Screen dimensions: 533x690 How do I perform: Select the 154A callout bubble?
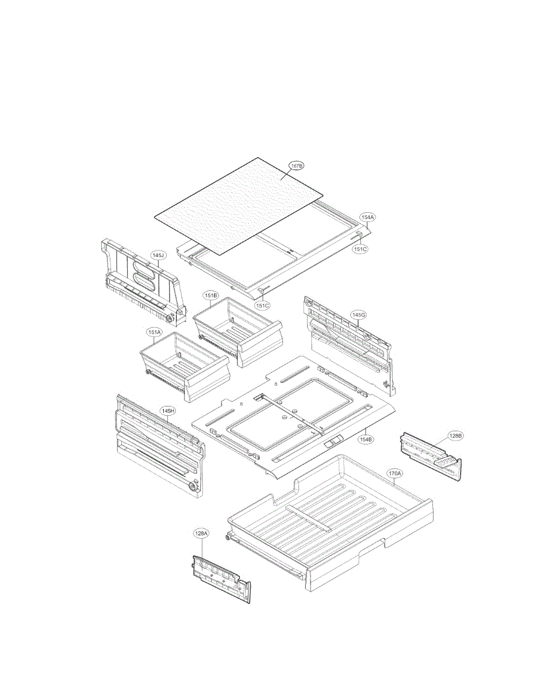point(367,217)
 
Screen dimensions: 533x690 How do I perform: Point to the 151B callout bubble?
point(210,295)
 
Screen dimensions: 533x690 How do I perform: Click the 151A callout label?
point(154,332)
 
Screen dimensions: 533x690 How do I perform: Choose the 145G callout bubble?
point(359,315)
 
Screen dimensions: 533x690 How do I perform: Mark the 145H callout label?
point(167,411)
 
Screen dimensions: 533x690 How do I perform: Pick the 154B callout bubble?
point(366,439)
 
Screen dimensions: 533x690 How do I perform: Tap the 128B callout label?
point(455,436)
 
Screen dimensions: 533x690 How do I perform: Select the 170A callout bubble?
point(394,474)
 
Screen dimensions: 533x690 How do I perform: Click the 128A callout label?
point(201,534)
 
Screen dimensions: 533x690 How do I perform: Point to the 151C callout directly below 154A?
point(360,250)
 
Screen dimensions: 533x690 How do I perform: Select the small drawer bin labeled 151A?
point(178,368)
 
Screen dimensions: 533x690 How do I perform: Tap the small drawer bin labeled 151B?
point(236,328)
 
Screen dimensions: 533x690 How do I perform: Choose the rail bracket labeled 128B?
point(431,454)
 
